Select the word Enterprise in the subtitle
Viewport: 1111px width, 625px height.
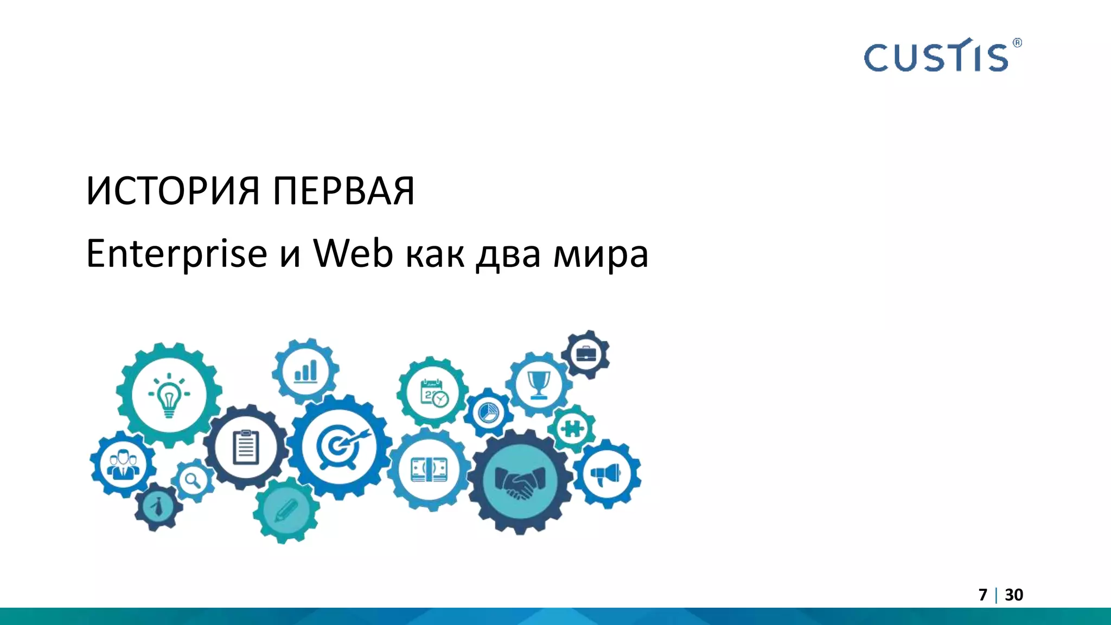point(176,254)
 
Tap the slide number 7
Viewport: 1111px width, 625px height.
point(982,595)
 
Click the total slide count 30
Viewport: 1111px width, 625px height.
point(1014,595)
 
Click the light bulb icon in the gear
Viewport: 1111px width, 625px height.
point(169,394)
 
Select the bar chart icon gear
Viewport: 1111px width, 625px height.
point(305,372)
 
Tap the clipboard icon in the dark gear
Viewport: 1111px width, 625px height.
point(246,447)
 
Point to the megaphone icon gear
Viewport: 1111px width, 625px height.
point(607,474)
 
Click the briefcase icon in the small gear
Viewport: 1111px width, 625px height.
point(585,354)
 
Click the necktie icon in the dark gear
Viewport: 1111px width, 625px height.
point(158,507)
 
